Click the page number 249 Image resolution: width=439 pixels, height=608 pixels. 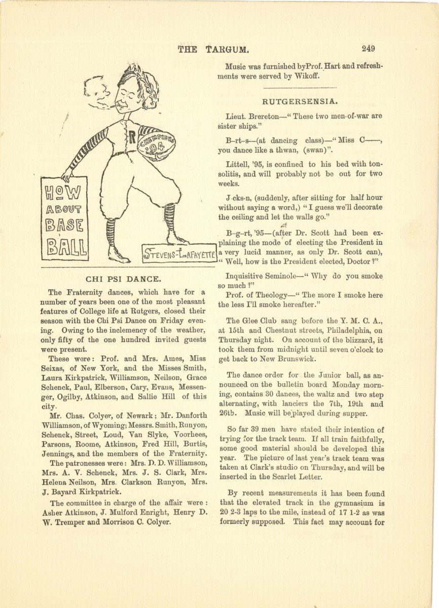coord(368,49)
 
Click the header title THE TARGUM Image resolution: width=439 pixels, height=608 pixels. coord(213,49)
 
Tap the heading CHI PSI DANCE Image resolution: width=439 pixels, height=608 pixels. coord(124,279)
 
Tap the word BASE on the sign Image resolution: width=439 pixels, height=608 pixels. coord(65,225)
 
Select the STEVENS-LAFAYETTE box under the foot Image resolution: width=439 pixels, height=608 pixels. coord(179,253)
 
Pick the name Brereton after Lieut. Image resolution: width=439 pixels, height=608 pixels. coord(261,117)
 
